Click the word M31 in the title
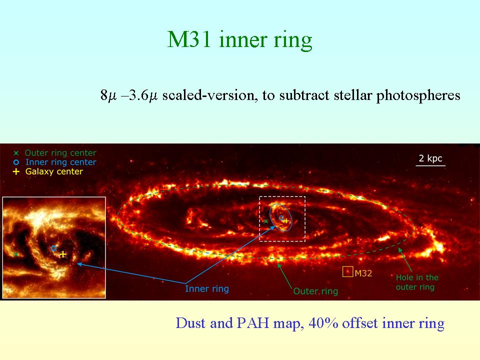(189, 39)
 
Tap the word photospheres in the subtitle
(418, 95)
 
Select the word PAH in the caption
(253, 323)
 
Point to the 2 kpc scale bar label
(430, 158)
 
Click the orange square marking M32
(347, 271)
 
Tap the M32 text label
(363, 273)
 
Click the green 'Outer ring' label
(315, 291)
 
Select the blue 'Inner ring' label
(207, 288)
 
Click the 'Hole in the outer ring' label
(417, 282)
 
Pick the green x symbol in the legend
(16, 153)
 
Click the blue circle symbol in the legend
(16, 162)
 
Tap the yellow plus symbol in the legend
(16, 171)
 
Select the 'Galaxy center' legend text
(54, 171)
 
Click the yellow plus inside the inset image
(63, 254)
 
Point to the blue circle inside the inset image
(53, 248)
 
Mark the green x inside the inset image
(16, 254)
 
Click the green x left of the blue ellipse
(265, 221)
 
